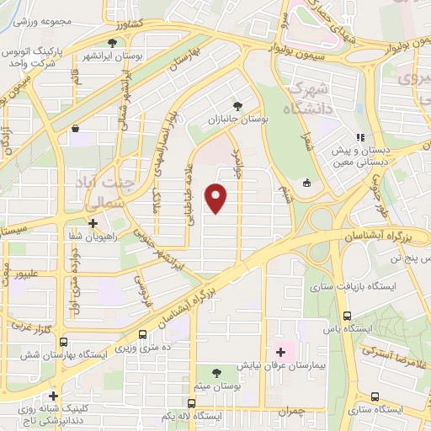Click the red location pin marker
[216, 199]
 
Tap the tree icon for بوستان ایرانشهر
[112, 43]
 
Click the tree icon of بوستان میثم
[217, 371]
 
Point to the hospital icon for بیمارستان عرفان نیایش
[279, 351]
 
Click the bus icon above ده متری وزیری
[142, 333]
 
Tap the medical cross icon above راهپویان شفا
[93, 224]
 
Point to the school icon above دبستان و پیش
[360, 137]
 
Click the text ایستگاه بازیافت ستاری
[367, 287]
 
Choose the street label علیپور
[24, 274]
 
